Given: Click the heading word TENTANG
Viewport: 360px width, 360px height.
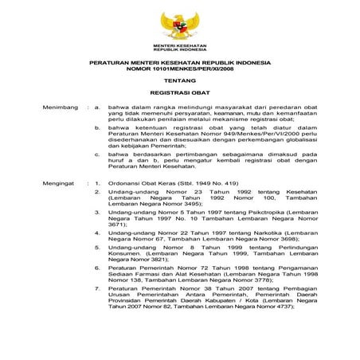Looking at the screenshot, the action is pyautogui.click(x=180, y=80).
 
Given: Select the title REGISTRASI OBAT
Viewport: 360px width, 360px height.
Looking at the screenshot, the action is pyautogui.click(x=180, y=93).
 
